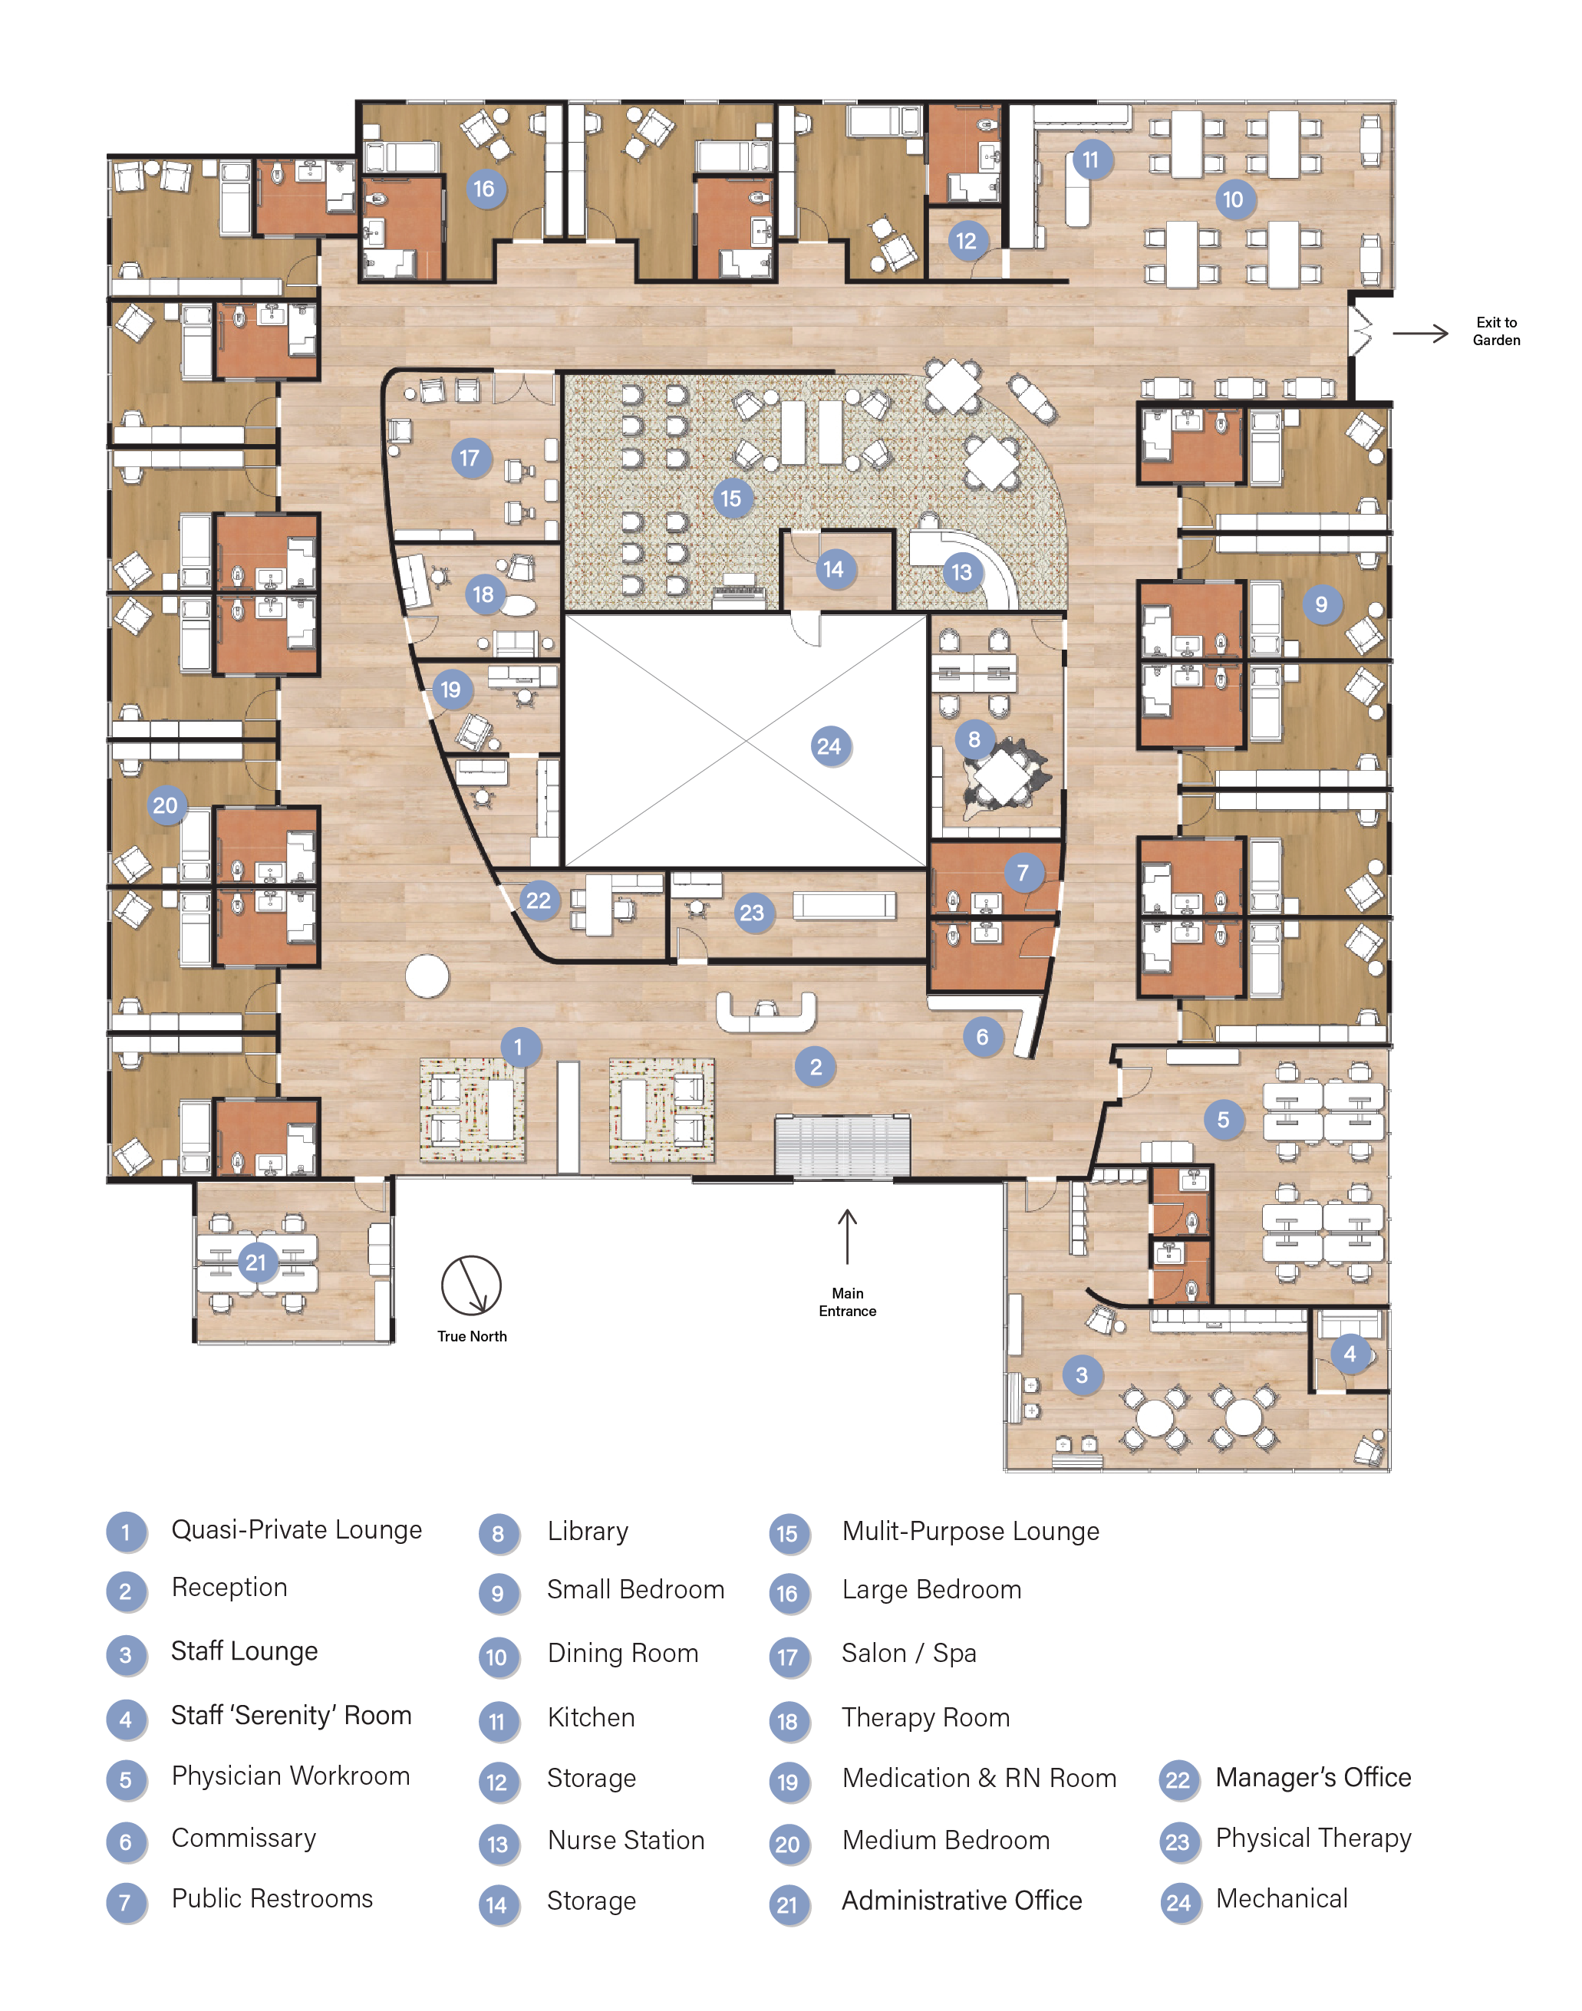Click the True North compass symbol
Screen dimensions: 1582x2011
(x=471, y=1285)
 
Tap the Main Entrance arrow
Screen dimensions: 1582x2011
(x=846, y=1236)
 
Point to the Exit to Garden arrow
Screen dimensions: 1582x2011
(x=1420, y=334)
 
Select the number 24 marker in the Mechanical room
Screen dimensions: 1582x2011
(x=829, y=746)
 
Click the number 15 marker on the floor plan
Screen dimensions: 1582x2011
(x=731, y=498)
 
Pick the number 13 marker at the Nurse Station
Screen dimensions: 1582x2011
(x=961, y=572)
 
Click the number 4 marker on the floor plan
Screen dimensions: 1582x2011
(x=1350, y=1354)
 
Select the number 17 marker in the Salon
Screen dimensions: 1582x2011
(x=470, y=457)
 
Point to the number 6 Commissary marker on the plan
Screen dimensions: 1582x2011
(x=982, y=1037)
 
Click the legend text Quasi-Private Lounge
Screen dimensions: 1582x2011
(x=296, y=1529)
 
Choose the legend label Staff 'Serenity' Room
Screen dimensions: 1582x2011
(x=291, y=1716)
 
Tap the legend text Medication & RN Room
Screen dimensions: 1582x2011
(x=979, y=1778)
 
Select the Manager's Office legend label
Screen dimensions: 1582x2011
(x=1313, y=1777)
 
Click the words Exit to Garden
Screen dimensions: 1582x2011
(x=1496, y=331)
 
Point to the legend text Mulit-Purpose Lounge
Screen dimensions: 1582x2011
(x=970, y=1532)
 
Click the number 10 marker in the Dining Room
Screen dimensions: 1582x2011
(x=1233, y=199)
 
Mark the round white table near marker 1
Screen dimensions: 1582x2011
(x=427, y=976)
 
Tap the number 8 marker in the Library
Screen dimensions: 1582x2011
(x=974, y=739)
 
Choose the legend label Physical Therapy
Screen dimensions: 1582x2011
(x=1313, y=1838)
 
